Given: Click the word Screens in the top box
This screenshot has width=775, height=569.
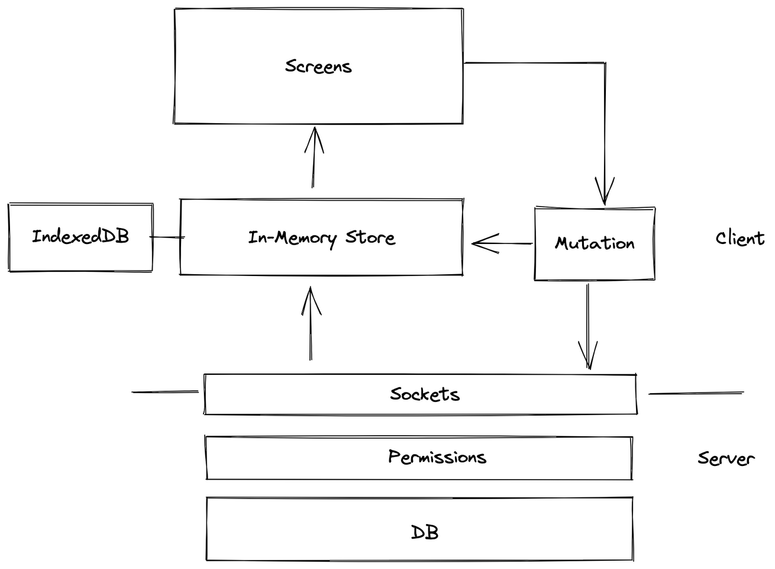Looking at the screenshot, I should click(318, 66).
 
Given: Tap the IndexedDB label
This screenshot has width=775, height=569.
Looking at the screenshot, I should click(80, 237).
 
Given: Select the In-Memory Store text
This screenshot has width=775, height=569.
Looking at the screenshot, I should click(321, 238).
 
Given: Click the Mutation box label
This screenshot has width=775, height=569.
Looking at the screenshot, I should click(595, 243).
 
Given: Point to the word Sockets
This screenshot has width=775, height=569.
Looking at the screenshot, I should click(425, 394).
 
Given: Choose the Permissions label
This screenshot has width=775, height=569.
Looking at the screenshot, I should click(437, 457).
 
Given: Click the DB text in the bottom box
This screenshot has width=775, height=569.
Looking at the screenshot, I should click(425, 532).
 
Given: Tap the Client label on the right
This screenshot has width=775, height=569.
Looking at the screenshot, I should click(740, 239).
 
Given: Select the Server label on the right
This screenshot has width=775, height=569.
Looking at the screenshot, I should click(726, 458).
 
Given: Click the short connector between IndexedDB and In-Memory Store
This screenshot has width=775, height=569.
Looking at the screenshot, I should click(167, 237).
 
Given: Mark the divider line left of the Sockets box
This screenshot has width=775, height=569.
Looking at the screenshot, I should click(164, 392).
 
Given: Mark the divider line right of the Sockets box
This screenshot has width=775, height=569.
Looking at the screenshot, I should click(695, 393).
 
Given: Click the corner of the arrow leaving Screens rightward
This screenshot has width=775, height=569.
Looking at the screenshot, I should click(605, 63).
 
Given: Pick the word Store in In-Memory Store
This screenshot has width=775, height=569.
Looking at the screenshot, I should click(370, 237).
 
